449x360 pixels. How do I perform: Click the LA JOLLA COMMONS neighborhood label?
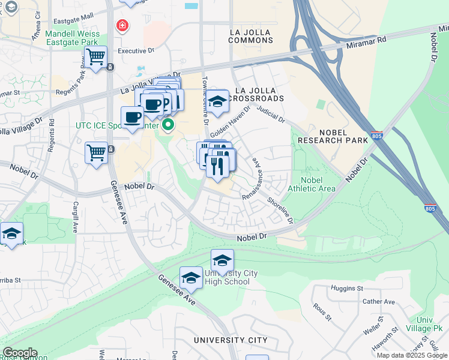252,35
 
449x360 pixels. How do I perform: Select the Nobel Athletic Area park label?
312,184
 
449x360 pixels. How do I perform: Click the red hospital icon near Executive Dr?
122,26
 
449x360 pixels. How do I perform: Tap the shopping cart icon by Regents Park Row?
95,58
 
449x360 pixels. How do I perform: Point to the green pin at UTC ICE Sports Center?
168,125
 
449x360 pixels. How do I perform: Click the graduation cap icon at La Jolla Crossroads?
218,101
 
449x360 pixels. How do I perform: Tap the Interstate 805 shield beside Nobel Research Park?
377,136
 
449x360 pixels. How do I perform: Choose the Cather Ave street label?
378,301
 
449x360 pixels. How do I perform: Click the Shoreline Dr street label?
280,211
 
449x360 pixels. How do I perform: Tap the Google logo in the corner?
20,353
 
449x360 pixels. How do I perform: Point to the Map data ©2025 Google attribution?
411,355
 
